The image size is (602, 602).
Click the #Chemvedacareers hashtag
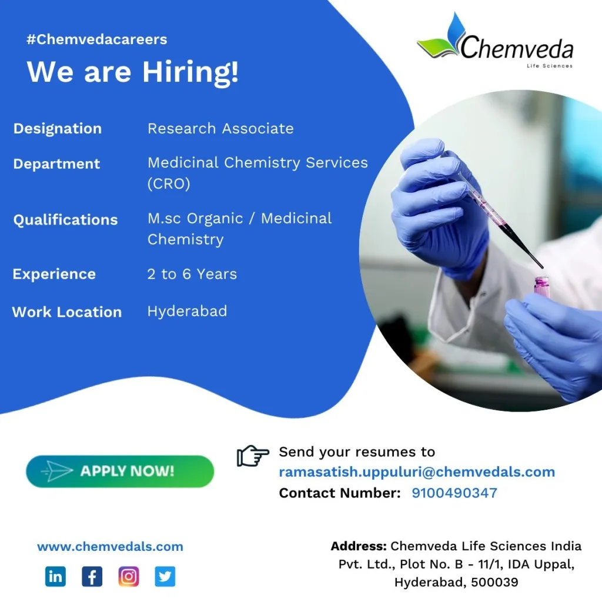[x=97, y=39]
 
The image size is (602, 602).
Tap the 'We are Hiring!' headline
[x=132, y=72]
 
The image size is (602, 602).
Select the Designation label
[x=58, y=129]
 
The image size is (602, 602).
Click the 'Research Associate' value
[x=220, y=128]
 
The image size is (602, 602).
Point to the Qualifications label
[x=65, y=220]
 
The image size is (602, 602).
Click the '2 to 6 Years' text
[x=192, y=274]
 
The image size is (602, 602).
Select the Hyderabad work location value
[x=187, y=311]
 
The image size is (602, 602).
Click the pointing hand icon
[x=253, y=456]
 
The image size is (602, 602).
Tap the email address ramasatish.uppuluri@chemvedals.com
[x=417, y=472]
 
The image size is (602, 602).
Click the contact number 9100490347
[x=454, y=493]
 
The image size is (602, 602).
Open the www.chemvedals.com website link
[x=110, y=546]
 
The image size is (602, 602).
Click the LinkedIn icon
[x=55, y=576]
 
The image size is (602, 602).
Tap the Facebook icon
[x=92, y=576]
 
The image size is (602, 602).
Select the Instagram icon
[x=129, y=576]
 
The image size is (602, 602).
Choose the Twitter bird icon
[x=165, y=576]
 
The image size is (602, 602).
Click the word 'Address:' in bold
[x=359, y=546]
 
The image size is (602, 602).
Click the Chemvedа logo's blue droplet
[x=456, y=29]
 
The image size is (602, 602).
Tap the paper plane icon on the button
[x=57, y=471]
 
